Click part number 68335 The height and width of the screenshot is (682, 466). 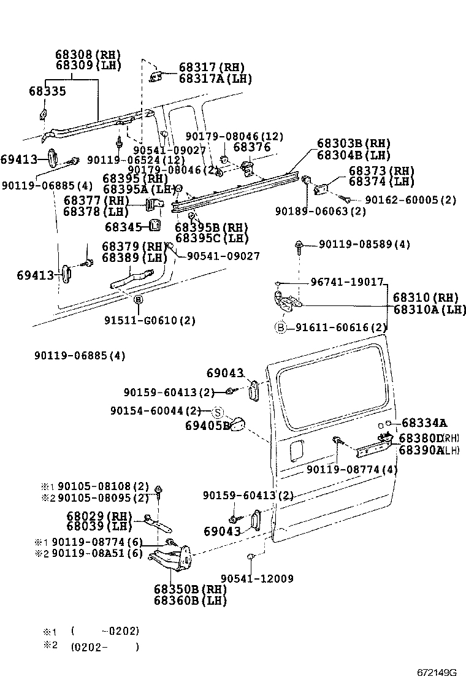[47, 91]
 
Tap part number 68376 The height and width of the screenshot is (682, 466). [252, 147]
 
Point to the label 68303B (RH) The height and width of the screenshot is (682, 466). [353, 144]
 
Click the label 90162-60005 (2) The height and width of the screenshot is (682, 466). [411, 200]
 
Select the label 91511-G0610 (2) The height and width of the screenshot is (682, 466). [141, 320]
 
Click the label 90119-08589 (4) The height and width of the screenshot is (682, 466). [364, 245]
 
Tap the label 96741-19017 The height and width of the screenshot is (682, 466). [346, 283]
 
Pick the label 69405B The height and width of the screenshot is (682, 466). [207, 424]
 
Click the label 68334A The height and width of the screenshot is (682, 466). [424, 423]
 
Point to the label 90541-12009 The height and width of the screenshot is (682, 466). [257, 578]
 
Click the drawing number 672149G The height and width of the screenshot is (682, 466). [437, 673]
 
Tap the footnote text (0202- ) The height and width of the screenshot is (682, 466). [105, 646]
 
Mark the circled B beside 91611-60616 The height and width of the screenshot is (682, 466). [280, 328]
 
